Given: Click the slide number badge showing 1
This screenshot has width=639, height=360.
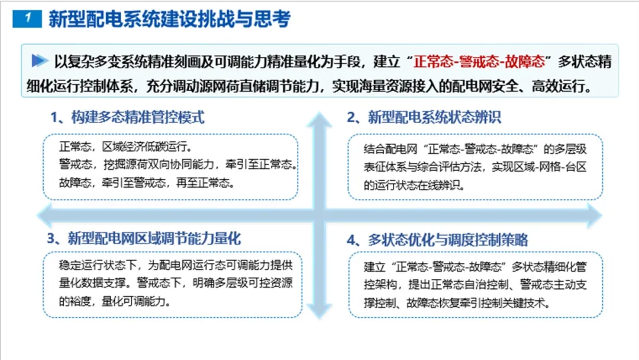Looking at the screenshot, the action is [27, 18].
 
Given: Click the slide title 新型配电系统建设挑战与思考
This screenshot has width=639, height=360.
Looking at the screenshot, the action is [170, 19].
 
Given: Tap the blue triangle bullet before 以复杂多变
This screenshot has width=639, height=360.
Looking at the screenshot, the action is [40, 61].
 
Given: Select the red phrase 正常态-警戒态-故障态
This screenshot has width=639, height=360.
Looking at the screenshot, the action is [479, 62].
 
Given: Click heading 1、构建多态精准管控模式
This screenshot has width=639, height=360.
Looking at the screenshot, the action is [127, 117].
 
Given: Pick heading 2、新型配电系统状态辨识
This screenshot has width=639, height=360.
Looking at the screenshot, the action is [424, 117].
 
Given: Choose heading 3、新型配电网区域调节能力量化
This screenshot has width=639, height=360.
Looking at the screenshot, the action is [144, 239].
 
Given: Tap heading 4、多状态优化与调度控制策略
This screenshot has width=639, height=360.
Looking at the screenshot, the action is [437, 240].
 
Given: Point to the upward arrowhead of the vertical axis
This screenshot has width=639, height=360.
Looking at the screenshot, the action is [319, 119].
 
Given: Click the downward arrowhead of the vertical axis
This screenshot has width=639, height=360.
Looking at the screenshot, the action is [319, 311].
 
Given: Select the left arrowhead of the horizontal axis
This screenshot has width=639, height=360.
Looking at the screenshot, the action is [44, 215].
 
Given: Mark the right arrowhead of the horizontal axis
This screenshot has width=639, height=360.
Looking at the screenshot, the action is [595, 215].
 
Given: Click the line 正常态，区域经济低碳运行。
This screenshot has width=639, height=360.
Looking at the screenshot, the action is [125, 146].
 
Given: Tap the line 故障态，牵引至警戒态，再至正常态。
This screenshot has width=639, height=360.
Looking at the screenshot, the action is [147, 182].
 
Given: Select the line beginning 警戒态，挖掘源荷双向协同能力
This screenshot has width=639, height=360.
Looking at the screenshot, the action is [178, 164].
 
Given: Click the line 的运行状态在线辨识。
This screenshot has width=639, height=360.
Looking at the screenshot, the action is [414, 185].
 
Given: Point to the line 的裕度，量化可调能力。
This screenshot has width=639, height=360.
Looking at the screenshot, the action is [115, 301].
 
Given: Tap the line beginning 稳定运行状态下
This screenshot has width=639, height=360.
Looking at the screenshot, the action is [176, 265].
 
